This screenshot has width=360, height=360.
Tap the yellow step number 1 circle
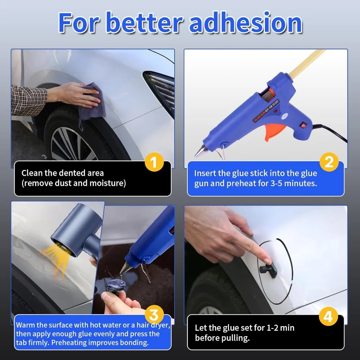click(154, 162)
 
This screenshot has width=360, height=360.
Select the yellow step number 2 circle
click(329, 162)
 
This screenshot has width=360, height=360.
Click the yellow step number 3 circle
click(154, 316)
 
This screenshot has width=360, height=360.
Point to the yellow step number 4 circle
click(328, 317)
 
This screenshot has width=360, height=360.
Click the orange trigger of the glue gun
click(273, 128)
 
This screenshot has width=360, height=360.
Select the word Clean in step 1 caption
click(31, 173)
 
